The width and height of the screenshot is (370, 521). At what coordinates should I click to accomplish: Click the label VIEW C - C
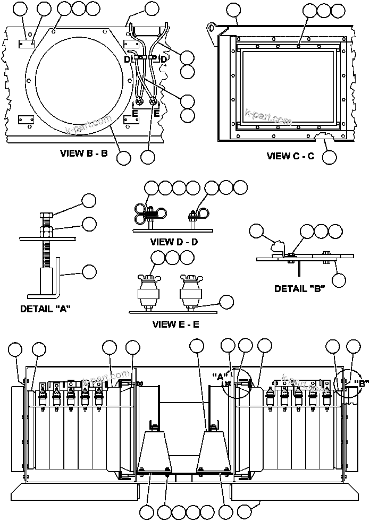coord(290,156)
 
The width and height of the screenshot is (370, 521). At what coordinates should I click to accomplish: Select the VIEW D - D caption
coord(174,242)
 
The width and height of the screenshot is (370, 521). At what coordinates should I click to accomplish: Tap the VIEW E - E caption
coord(175,324)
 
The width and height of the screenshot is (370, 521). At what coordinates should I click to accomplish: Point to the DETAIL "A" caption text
coord(46,309)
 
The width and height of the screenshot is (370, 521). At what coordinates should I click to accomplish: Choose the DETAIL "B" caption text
coord(300,289)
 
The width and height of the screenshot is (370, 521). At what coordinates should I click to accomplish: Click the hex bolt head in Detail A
coord(45,217)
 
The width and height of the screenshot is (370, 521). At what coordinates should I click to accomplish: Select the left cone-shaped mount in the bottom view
coord(155,449)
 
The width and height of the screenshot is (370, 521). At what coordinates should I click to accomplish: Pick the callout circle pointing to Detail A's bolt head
coord(89,200)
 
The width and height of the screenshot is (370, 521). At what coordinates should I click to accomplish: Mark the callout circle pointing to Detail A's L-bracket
coord(89,271)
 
